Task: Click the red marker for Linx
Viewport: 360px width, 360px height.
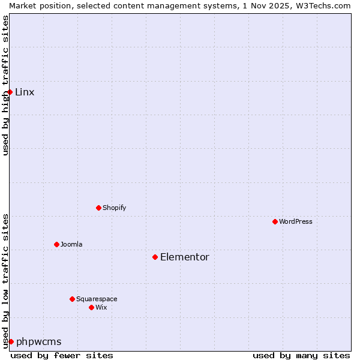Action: point(10,92)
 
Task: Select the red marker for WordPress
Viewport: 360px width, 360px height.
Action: point(275,221)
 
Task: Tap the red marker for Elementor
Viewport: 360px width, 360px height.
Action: point(155,257)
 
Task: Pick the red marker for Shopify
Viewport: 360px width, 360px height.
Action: point(98,208)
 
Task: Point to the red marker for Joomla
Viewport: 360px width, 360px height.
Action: point(56,244)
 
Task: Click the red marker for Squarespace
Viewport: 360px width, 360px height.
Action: point(72,299)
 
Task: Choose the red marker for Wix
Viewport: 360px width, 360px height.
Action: point(91,307)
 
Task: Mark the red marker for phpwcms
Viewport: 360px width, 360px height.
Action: point(11,341)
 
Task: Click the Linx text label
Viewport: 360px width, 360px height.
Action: point(25,92)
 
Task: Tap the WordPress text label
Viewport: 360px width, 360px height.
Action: point(296,221)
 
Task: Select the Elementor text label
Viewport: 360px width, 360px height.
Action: point(185,257)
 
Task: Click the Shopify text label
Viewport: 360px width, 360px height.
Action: point(114,208)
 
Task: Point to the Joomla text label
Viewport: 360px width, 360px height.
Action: point(71,244)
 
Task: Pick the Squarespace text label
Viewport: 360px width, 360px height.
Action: point(97,299)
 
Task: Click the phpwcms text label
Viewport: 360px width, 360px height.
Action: point(39,341)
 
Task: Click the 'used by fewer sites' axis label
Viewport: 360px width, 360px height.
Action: point(62,355)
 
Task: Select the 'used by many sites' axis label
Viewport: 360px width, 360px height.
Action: point(301,355)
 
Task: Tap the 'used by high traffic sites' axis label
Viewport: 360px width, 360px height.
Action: point(5,85)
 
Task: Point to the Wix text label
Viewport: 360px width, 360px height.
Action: point(101,307)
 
